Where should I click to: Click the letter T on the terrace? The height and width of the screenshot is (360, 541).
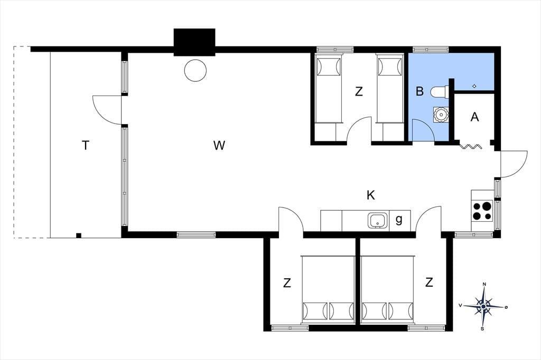click(86, 146)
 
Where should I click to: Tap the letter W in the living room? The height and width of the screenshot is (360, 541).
click(219, 146)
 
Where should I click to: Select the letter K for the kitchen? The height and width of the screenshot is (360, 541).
click(370, 195)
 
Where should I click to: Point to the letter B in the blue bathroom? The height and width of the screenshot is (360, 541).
click(419, 91)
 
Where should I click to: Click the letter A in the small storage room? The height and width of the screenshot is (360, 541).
click(475, 117)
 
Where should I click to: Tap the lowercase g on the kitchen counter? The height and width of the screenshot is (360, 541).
click(399, 220)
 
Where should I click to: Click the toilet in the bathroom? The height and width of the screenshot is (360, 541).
click(439, 92)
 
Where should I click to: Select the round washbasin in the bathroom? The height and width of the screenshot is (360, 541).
click(440, 114)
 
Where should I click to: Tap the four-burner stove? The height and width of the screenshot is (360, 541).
click(482, 211)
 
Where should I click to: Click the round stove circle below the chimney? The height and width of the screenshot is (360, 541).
click(195, 70)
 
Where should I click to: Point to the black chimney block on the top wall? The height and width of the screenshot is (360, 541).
click(194, 42)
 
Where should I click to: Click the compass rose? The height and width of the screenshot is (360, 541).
click(484, 306)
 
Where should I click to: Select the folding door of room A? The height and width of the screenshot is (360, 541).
click(471, 147)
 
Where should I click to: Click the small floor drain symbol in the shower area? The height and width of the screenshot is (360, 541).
click(474, 86)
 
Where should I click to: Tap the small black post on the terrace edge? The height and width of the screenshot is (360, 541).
click(79, 235)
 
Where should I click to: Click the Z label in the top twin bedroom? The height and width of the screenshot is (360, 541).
click(359, 92)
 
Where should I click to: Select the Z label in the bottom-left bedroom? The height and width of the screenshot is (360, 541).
click(287, 283)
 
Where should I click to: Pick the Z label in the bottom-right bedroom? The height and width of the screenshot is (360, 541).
click(429, 282)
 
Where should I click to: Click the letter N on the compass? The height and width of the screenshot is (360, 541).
click(484, 284)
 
